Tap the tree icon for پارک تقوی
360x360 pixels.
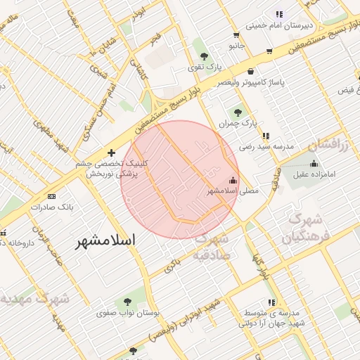pos(204,56)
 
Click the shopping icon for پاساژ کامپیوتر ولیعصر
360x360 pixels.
pos(251,70)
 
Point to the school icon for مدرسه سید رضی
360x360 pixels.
pos(265,136)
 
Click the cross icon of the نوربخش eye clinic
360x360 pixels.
pos(111,152)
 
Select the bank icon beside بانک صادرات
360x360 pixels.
pos(51,196)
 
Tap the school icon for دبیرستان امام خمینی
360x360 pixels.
pos(279,13)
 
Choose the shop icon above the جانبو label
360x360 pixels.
pos(236,33)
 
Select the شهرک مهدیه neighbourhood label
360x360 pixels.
pos(35,300)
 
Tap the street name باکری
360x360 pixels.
pos(172,264)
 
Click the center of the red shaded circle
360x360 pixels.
pos(180,179)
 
